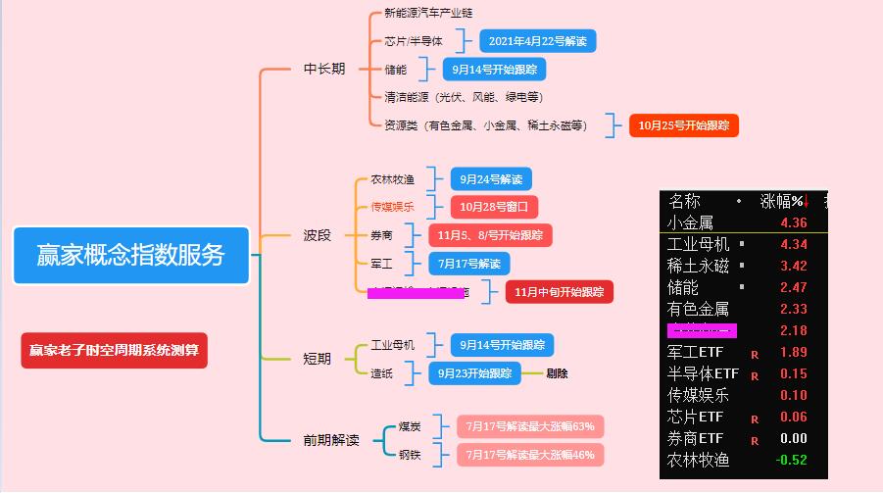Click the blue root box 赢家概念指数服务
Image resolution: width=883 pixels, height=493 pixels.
(130, 255)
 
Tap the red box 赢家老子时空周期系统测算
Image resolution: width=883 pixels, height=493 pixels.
(114, 350)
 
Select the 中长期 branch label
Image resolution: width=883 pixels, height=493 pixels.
(323, 69)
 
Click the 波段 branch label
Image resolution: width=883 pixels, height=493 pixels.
(318, 235)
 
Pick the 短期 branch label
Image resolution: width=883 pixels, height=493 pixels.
(317, 359)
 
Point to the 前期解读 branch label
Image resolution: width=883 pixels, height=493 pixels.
(331, 440)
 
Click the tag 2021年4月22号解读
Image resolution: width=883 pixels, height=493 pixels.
(537, 41)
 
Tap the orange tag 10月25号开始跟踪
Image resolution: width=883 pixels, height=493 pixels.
(683, 125)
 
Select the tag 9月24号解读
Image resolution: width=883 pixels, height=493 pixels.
(491, 179)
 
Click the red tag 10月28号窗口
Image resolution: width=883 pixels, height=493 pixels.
(495, 207)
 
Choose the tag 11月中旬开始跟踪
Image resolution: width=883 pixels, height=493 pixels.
(560, 292)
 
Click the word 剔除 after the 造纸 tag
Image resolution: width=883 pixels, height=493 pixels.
(557, 373)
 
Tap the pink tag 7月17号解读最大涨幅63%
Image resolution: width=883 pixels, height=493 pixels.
(530, 426)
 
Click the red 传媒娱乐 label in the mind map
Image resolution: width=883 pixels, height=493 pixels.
(392, 207)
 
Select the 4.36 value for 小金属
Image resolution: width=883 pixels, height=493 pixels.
(794, 222)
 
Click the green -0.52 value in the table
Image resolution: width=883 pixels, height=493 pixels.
(791, 460)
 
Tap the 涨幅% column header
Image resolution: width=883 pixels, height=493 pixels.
(783, 201)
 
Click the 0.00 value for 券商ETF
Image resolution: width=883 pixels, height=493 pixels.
(793, 438)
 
